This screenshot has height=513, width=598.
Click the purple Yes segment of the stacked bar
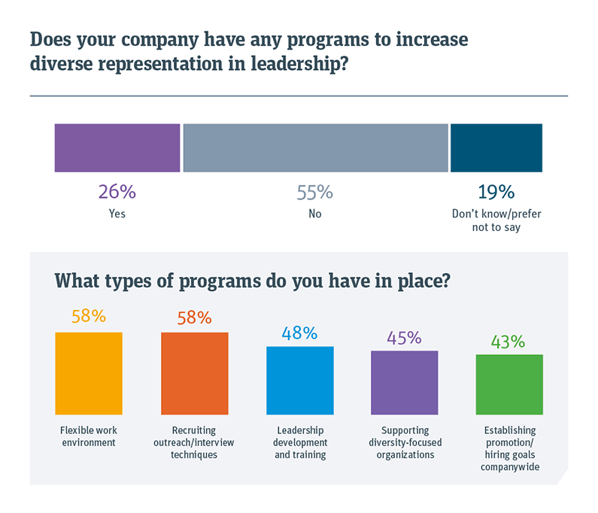(117, 148)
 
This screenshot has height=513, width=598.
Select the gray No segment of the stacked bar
(315, 148)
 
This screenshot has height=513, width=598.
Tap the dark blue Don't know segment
(496, 148)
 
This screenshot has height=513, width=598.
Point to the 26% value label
(117, 192)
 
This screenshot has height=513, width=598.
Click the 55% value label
(314, 193)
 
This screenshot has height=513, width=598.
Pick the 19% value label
(496, 192)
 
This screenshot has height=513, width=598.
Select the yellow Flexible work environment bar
(89, 373)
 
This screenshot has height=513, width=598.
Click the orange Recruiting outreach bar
(194, 373)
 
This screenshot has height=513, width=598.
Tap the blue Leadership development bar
(299, 381)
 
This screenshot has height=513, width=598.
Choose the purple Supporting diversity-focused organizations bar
(405, 383)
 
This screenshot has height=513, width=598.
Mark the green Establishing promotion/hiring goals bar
(509, 384)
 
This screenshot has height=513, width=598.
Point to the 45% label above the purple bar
(405, 337)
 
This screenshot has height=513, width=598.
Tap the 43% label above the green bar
(508, 341)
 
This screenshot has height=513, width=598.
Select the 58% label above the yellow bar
(89, 317)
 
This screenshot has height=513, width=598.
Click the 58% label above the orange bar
(194, 317)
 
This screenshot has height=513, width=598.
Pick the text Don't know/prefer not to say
(496, 220)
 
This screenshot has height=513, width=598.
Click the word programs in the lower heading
(216, 281)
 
